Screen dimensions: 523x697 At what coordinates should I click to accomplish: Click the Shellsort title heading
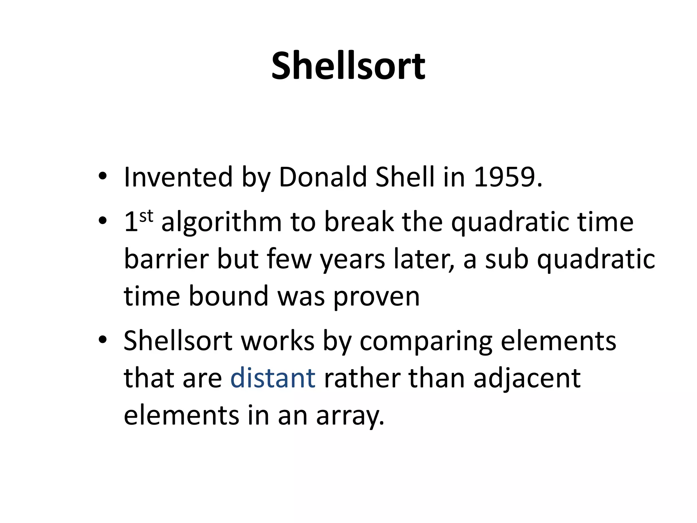click(348, 65)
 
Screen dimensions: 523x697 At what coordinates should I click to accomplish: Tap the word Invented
click(178, 177)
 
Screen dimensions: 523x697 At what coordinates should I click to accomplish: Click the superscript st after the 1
click(146, 216)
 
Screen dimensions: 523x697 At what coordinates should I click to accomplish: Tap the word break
click(358, 222)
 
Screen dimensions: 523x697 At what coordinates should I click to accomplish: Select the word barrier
click(166, 259)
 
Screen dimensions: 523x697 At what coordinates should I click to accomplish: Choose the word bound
click(228, 296)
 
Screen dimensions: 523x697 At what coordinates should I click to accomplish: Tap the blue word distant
click(273, 378)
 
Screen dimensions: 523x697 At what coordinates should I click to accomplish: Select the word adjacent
click(527, 379)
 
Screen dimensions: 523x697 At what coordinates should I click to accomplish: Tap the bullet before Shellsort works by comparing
click(102, 340)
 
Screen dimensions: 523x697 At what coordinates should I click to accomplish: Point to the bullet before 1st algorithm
click(102, 222)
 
